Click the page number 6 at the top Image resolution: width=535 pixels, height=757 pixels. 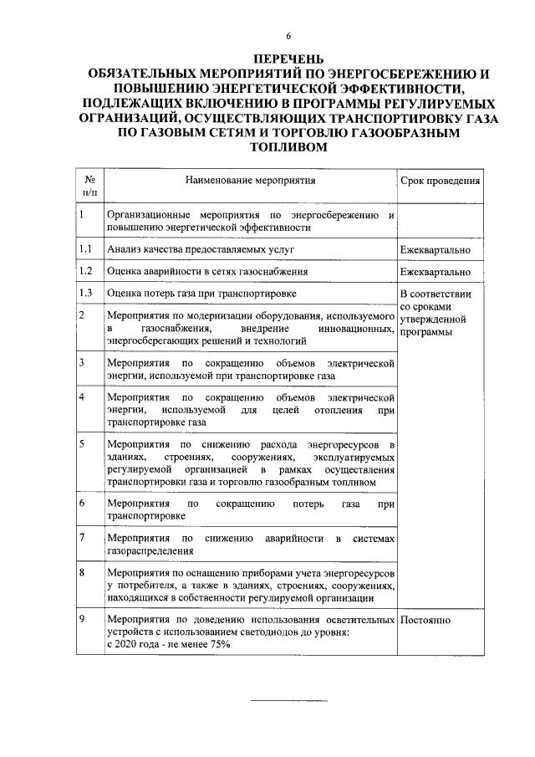(x=288, y=36)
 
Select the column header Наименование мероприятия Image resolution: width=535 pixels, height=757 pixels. (x=251, y=179)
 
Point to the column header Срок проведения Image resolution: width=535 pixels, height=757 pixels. (x=440, y=180)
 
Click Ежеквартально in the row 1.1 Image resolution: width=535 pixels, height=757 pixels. (x=435, y=250)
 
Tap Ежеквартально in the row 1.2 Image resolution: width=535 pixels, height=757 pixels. (x=435, y=272)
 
